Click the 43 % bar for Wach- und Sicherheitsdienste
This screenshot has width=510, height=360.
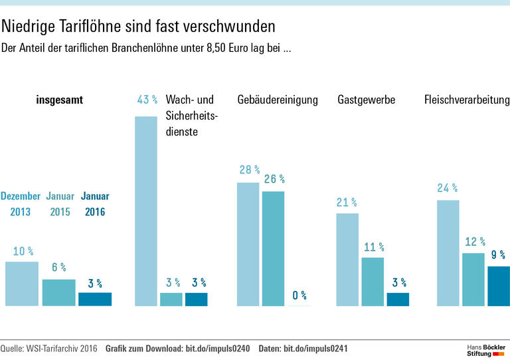click(x=146, y=211)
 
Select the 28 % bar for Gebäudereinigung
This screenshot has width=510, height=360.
click(x=248, y=244)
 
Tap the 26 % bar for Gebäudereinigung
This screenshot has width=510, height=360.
click(x=273, y=248)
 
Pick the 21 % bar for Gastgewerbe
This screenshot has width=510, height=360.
click(x=347, y=260)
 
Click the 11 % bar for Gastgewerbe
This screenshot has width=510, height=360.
click(x=373, y=282)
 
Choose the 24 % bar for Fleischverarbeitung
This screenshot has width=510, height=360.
click(x=448, y=253)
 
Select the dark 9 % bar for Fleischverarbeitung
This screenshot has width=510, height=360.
click(x=498, y=286)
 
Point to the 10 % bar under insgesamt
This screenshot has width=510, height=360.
click(x=22, y=284)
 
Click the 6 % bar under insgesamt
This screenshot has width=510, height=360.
click(x=58, y=292)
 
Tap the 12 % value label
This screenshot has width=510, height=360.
click(x=473, y=242)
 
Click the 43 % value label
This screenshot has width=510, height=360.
click(x=147, y=100)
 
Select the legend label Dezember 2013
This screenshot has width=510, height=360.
click(x=21, y=204)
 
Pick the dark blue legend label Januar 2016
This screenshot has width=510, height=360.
click(x=95, y=204)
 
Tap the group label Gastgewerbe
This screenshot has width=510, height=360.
click(x=366, y=100)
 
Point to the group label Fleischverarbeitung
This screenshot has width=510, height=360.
click(x=466, y=100)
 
